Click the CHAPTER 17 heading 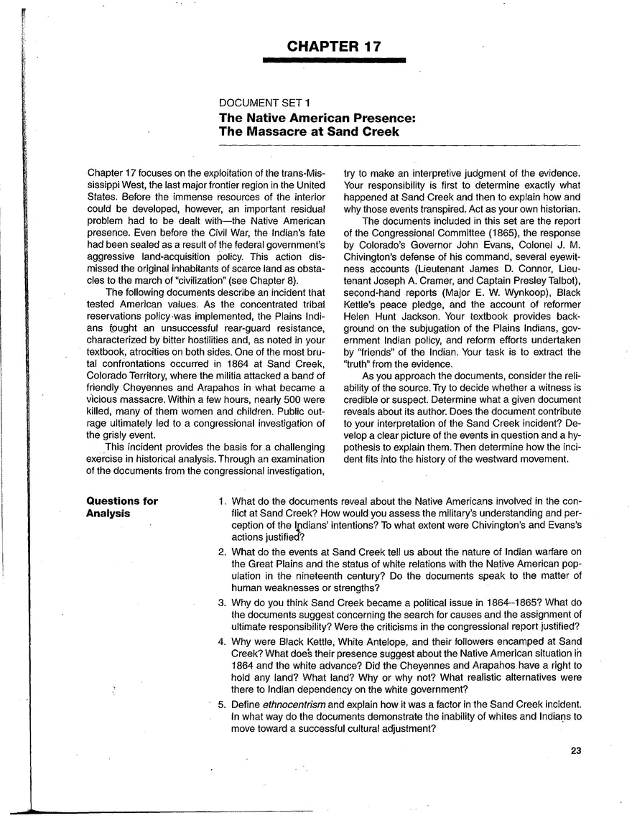pos(334,47)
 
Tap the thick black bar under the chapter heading pos(334,62)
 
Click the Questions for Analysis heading pos(122,507)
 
